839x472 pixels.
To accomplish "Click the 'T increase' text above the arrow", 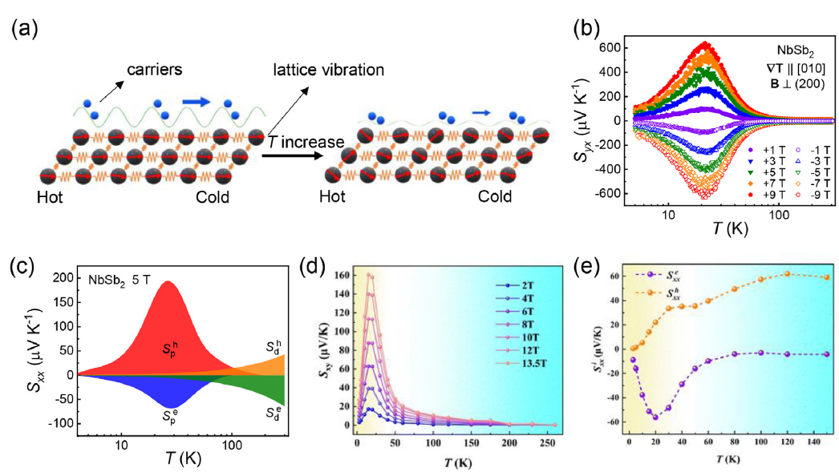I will pyautogui.click(x=306, y=142).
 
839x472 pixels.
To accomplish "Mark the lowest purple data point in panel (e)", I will pyautogui.click(x=655, y=417).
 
